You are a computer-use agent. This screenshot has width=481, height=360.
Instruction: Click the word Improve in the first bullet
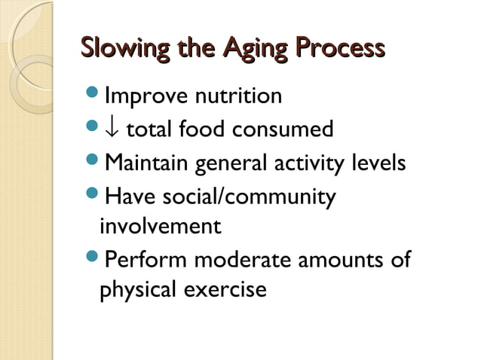[x=145, y=97]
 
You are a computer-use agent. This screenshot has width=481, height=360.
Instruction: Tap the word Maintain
[x=148, y=163]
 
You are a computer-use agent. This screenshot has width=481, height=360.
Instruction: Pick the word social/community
[x=244, y=195]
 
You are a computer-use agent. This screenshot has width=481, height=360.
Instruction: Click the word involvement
[x=161, y=226]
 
